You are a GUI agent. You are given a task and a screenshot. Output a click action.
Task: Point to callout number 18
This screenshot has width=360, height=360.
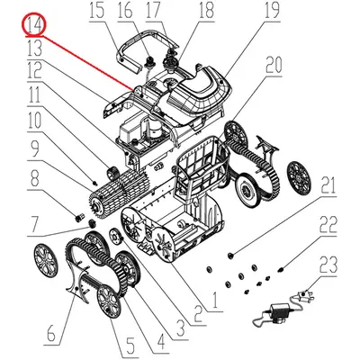(x=206, y=11)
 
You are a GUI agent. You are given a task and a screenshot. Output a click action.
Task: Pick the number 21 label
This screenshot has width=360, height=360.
(x=328, y=186)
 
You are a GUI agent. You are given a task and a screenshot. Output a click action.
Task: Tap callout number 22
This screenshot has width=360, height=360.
(x=328, y=224)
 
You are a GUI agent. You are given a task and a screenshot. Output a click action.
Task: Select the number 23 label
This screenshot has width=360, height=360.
(x=328, y=264)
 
